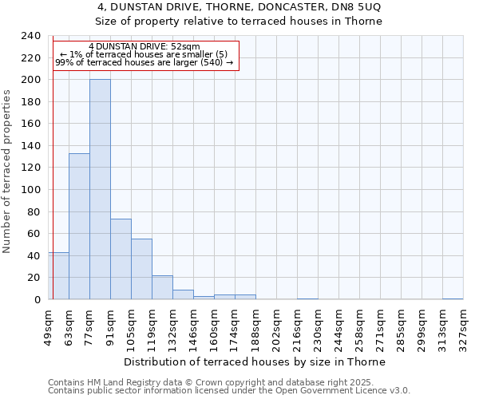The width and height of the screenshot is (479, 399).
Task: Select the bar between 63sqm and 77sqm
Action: [x=79, y=227]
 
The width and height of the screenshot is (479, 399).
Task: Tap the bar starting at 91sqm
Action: [x=121, y=259]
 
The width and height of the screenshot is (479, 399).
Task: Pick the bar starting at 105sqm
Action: [x=141, y=269]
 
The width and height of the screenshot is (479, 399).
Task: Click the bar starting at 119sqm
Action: [x=162, y=287]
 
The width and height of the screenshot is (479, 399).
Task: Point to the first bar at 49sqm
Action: [x=58, y=276]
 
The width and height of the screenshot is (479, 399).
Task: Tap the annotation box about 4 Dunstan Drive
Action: [x=144, y=55]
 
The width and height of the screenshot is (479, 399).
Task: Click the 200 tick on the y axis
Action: [x=31, y=80]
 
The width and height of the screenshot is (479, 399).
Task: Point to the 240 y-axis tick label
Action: [x=31, y=36]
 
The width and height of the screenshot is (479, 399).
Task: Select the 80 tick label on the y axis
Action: [x=34, y=211]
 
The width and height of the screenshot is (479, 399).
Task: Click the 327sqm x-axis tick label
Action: [x=463, y=326]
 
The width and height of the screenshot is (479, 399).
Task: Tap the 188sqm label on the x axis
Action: [x=255, y=326]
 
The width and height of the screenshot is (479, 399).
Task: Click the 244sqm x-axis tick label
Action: [x=338, y=326]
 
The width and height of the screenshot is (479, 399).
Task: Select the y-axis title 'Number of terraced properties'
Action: [x=7, y=171]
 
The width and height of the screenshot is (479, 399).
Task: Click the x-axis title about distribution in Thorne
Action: [x=255, y=361]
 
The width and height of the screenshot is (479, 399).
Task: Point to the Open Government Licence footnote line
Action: [x=229, y=391]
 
